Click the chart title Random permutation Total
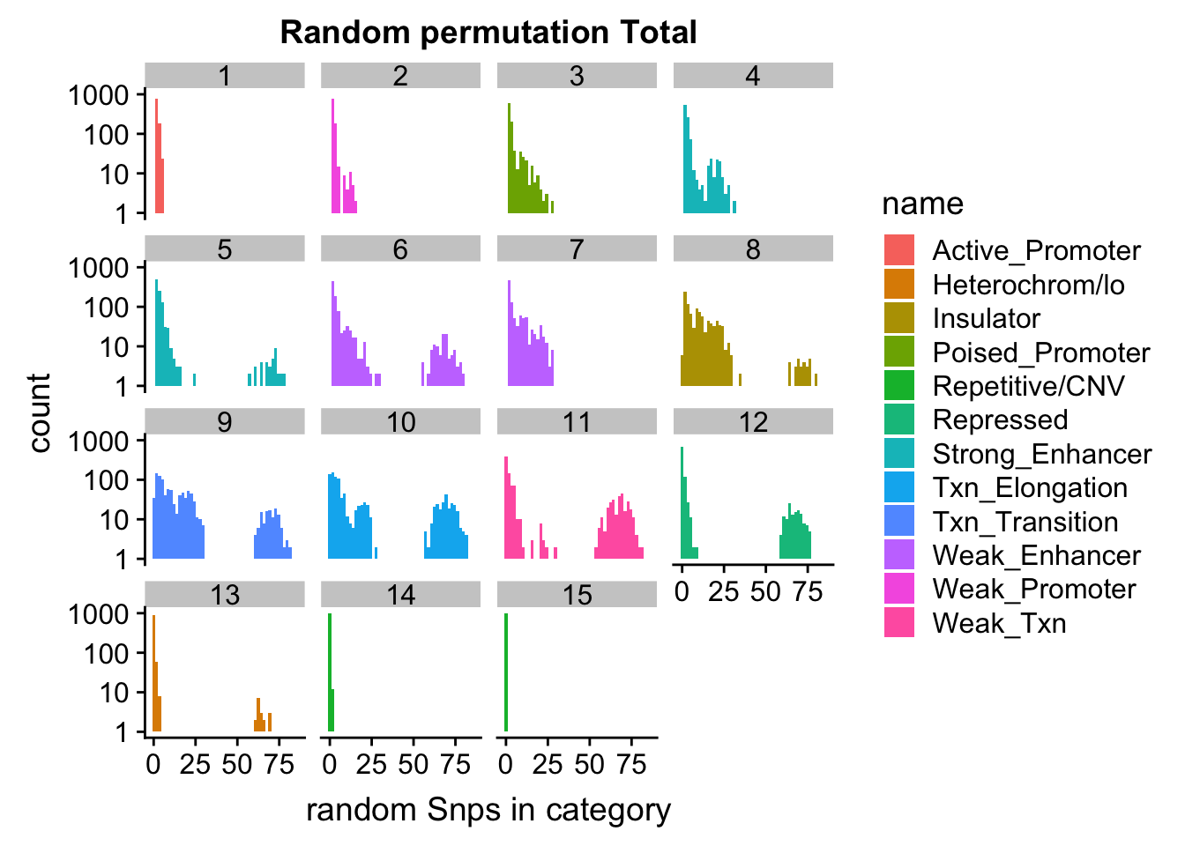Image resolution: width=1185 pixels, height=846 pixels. (488, 33)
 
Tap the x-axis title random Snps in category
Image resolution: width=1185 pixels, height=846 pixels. (488, 809)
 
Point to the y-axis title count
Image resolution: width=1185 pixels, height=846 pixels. (40, 412)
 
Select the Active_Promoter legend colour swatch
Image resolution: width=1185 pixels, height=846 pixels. (899, 250)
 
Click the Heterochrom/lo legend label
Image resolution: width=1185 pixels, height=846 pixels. (1028, 285)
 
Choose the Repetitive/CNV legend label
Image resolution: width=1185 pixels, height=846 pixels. (1028, 386)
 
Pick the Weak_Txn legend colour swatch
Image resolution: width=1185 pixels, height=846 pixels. (899, 623)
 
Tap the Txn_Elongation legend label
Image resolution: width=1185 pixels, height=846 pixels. (1030, 487)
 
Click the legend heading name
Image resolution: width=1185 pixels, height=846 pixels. (922, 204)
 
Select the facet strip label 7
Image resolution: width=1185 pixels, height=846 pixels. (577, 249)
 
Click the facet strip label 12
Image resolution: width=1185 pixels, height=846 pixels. (753, 422)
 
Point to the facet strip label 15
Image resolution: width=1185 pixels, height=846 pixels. (577, 595)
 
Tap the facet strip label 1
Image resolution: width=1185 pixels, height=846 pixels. (225, 76)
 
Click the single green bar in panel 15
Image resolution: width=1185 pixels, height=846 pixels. (506, 672)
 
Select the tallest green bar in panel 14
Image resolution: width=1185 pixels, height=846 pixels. (329, 672)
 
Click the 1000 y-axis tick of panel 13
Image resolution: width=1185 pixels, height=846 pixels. (97, 613)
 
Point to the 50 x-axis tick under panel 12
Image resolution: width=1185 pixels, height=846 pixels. (765, 591)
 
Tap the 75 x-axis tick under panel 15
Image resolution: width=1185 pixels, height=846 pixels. (631, 764)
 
